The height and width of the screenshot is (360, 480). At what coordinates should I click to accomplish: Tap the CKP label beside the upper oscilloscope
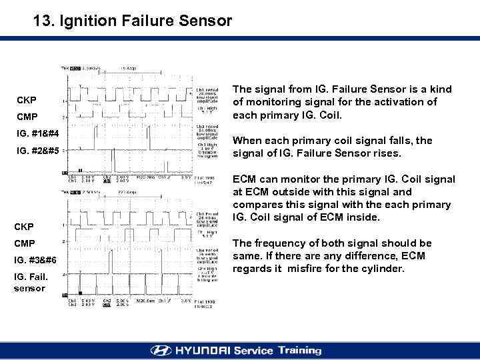(x=27, y=100)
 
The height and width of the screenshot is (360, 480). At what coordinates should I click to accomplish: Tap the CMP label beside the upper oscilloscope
(x=27, y=117)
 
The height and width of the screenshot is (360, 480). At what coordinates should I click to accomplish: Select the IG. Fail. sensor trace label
(x=30, y=281)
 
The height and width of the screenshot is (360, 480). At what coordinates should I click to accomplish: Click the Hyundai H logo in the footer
(x=161, y=351)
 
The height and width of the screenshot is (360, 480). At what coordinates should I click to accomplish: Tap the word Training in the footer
(x=298, y=351)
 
